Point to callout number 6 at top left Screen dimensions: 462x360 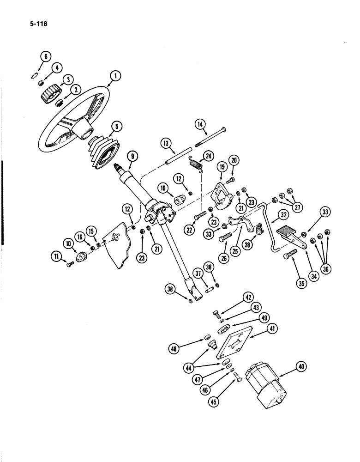(x=45, y=57)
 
